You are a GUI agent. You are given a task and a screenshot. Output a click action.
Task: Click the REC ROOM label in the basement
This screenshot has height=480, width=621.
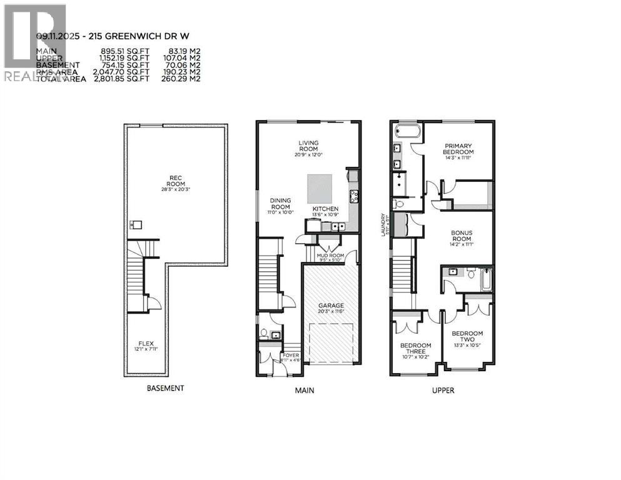tap(176, 180)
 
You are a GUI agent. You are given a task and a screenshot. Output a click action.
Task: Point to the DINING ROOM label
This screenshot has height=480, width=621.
tap(280, 204)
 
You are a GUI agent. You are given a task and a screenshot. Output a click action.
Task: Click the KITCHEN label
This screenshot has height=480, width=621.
tap(325, 209)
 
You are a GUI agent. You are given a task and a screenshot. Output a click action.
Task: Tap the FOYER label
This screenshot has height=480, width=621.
tap(291, 355)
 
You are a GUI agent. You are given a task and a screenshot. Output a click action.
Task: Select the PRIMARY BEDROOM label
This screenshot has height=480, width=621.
tap(458, 149)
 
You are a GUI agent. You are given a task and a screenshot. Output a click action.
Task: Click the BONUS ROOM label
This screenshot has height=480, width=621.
tap(462, 235)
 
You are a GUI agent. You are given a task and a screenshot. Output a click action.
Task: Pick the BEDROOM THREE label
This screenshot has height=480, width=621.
tap(415, 349)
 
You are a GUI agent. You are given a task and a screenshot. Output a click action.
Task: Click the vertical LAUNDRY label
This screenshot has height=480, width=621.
tap(388, 224)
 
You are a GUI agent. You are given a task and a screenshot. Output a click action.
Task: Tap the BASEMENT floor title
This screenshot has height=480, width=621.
tap(165, 388)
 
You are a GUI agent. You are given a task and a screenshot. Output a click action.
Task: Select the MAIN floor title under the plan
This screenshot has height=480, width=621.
tap(304, 391)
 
